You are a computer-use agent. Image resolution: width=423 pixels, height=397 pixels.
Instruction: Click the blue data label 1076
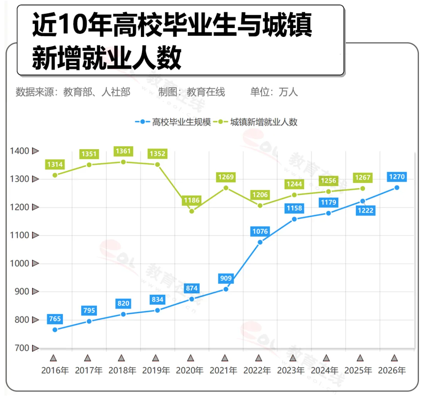click(259, 232)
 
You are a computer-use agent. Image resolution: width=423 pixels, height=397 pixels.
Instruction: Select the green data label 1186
click(191, 201)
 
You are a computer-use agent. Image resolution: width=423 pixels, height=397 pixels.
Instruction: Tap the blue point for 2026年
click(396, 188)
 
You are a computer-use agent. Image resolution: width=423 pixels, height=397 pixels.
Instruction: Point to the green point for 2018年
click(123, 162)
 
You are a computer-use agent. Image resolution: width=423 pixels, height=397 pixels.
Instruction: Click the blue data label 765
click(55, 319)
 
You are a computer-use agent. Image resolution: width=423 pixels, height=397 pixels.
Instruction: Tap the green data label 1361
click(123, 151)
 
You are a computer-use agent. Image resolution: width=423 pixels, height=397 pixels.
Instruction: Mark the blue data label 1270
click(396, 177)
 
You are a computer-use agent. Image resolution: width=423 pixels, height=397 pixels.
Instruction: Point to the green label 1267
click(362, 178)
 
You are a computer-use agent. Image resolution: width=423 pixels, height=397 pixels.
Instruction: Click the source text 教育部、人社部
click(97, 92)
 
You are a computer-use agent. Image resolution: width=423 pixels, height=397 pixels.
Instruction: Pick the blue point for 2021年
click(226, 289)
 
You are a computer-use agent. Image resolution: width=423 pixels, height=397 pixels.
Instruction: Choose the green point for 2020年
click(191, 211)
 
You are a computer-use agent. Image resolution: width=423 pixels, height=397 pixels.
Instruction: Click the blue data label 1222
click(362, 211)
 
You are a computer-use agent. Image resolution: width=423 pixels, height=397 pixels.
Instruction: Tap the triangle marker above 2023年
click(293, 357)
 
